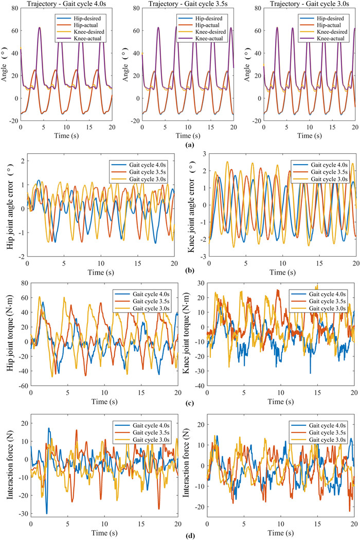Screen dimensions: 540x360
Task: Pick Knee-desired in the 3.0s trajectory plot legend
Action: pyautogui.click(x=331, y=32)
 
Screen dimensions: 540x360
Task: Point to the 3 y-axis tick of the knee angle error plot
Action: pyautogui.click(x=204, y=153)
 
